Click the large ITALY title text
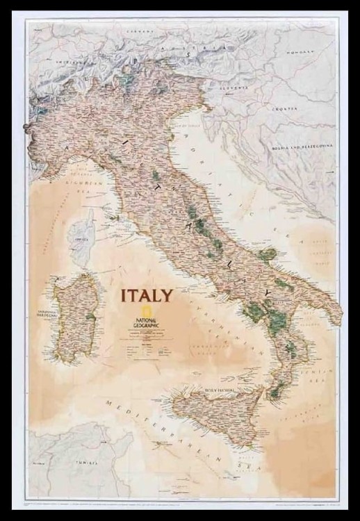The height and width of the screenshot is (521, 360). pos(147,295)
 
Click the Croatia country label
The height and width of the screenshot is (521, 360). pos(286,109)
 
